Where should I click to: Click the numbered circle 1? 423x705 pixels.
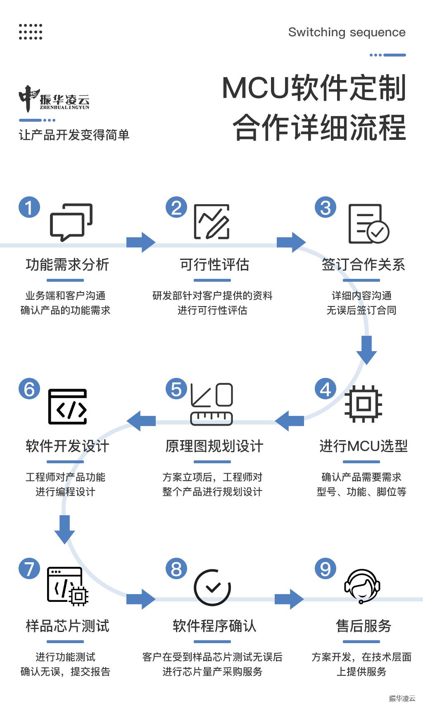[x=29, y=207]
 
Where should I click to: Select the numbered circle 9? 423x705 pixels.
[x=326, y=568]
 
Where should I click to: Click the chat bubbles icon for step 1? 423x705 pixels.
[x=71, y=222]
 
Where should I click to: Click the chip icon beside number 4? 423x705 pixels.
[x=364, y=404]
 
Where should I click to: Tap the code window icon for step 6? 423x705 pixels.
[x=67, y=407]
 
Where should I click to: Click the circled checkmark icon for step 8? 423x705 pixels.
[x=212, y=587]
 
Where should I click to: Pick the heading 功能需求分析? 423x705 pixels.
[x=67, y=264]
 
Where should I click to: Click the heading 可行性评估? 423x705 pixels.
[x=214, y=264]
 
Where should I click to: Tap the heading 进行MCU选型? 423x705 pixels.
[x=364, y=446]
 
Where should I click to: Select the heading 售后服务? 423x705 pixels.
[x=364, y=626]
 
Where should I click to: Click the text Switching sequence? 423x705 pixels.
[x=347, y=33]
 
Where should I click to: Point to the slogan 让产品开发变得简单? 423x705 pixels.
[x=74, y=135]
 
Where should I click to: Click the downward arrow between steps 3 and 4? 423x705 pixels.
[x=366, y=350]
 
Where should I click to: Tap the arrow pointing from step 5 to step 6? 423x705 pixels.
[x=141, y=421]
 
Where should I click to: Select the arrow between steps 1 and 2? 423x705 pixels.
[x=141, y=242]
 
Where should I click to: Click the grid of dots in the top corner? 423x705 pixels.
[x=31, y=32]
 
